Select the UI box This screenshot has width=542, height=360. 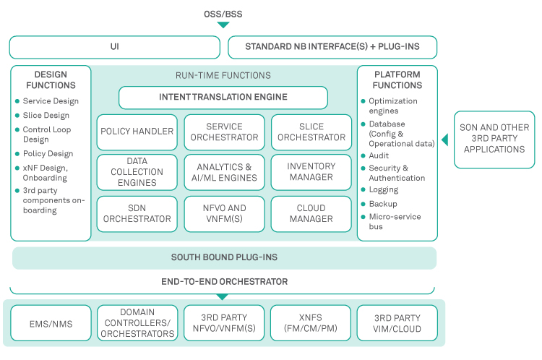114,48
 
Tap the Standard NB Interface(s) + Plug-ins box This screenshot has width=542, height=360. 332,48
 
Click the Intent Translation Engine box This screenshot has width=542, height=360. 223,98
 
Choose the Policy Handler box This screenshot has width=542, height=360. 137,132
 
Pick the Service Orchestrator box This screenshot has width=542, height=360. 224,132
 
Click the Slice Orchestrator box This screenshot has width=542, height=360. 311,132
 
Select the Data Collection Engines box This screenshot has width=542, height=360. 137,172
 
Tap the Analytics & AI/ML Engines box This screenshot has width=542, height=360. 224,172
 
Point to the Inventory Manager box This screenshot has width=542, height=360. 311,172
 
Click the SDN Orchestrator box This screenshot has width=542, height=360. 137,213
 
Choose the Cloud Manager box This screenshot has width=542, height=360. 311,213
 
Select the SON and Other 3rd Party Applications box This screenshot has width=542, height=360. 494,139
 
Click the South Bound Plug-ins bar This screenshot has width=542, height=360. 224,257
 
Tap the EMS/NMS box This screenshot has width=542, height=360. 50,323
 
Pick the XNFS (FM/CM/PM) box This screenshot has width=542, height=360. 310,323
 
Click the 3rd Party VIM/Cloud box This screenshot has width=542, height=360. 397,323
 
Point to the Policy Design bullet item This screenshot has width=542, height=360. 48,154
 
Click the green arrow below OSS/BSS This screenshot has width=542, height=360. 223,25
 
